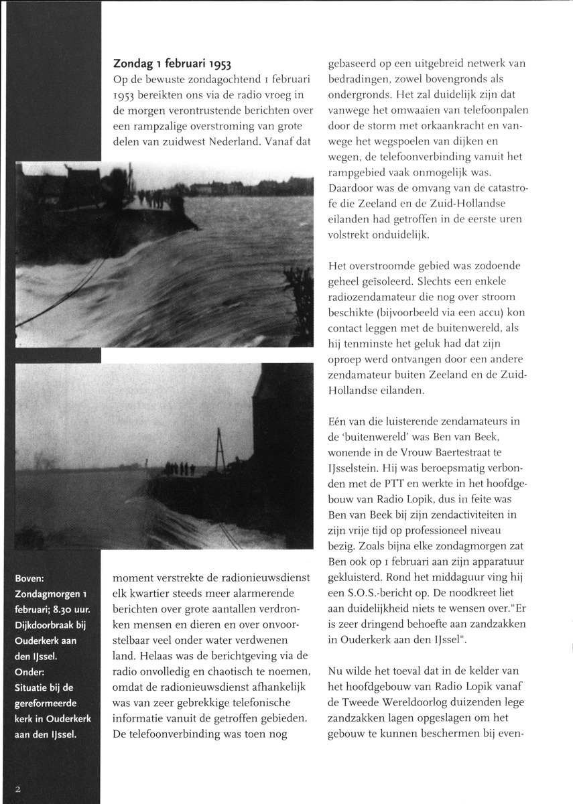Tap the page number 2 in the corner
click(20, 789)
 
